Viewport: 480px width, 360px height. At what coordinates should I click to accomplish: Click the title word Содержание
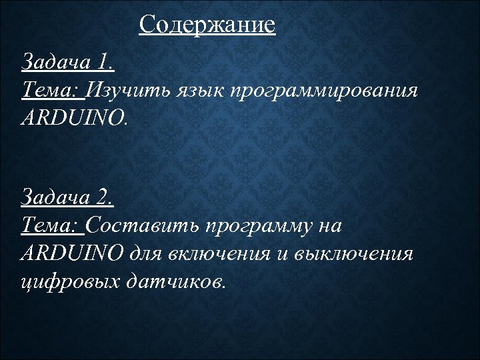click(207, 25)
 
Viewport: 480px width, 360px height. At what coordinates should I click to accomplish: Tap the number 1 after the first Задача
click(105, 63)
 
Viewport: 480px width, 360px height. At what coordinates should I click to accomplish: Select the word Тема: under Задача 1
click(53, 90)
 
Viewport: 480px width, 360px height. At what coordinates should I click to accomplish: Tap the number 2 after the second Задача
click(105, 198)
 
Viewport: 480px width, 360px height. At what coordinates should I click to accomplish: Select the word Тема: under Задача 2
click(53, 225)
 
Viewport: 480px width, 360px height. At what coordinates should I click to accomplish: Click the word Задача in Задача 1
click(57, 63)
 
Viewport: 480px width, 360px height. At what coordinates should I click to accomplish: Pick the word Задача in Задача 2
click(57, 198)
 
